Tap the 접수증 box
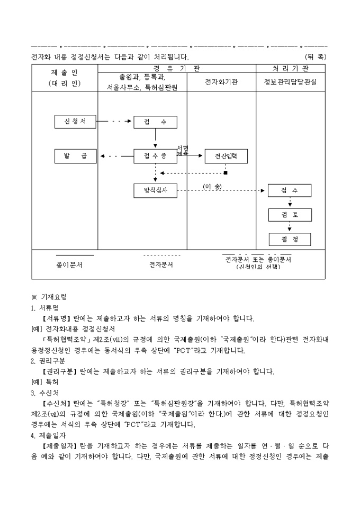pos(155,156)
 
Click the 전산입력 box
pos(226,156)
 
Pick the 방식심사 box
pos(155,190)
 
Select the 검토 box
pos(290,215)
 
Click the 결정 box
pos(290,239)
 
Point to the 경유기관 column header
pos(177,69)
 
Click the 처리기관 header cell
pos(290,69)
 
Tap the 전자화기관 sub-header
pos(221,82)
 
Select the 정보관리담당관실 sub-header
pos(290,82)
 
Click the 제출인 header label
pos(64,72)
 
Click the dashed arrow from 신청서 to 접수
pos(115,122)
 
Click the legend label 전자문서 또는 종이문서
pos(258,259)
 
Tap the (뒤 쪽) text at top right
pos(316,56)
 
